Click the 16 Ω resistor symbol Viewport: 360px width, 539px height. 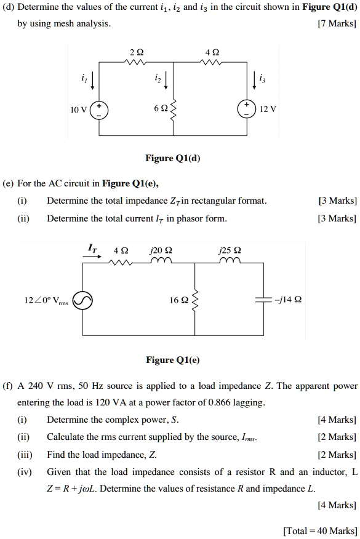pos(196,300)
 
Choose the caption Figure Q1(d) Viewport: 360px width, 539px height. pos(172,159)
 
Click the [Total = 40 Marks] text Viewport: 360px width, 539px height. pos(319,530)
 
